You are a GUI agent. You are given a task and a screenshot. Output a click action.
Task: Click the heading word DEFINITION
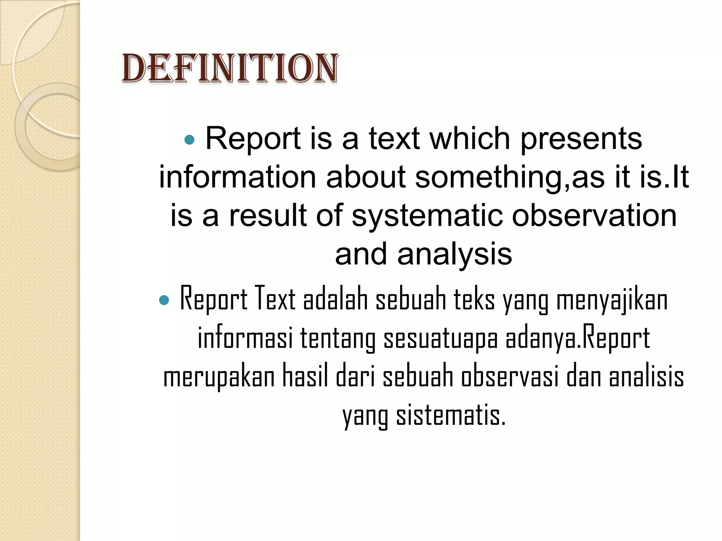[230, 69]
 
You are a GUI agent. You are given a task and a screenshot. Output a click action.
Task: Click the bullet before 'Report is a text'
[190, 140]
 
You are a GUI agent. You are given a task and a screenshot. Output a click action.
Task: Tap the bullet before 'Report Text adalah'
[164, 300]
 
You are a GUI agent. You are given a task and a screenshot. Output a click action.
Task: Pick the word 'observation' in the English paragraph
[594, 216]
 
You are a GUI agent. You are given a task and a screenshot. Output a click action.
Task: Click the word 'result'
[268, 216]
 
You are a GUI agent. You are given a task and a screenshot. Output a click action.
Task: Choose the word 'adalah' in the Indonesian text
[335, 299]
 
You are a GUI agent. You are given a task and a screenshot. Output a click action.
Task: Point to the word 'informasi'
[245, 338]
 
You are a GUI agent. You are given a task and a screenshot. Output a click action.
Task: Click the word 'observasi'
[510, 377]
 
